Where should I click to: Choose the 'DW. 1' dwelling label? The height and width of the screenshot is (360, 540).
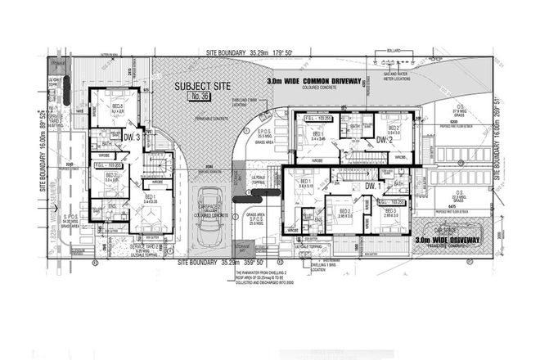(375, 187)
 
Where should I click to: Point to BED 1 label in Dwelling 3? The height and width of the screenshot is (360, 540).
(150, 196)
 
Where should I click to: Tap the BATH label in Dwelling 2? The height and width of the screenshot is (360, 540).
(355, 127)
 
